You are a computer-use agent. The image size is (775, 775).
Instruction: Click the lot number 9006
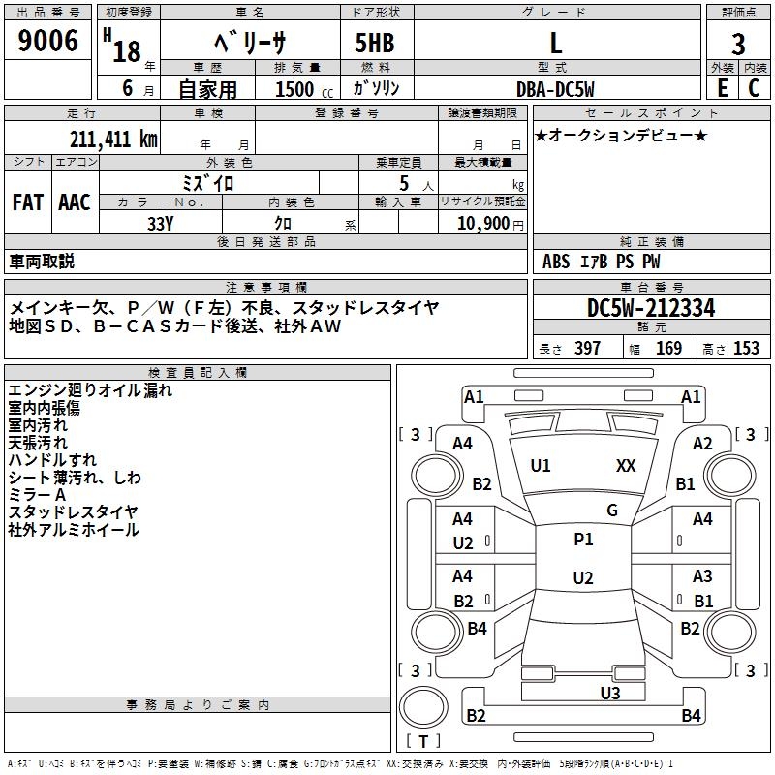point(48,42)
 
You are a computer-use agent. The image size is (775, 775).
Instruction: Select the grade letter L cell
point(555,43)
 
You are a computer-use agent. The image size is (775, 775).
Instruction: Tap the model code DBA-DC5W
point(555,88)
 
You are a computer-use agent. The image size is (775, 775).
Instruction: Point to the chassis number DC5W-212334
point(651,308)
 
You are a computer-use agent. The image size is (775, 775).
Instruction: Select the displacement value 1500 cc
point(296,89)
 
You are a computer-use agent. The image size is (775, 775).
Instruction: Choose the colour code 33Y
point(160,223)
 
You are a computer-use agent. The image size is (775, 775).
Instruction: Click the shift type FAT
point(27,202)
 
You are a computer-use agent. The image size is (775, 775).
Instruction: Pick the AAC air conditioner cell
point(75,202)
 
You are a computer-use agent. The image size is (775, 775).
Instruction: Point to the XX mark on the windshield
point(626,466)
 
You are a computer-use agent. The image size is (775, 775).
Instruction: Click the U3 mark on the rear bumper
point(609,693)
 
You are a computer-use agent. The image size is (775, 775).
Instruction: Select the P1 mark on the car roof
point(583,540)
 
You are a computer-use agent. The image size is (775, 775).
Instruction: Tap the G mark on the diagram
point(612,511)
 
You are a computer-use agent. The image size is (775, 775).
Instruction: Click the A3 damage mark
point(702,576)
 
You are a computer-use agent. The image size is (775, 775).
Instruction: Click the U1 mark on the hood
point(541,466)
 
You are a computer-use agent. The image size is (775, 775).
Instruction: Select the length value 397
point(587,349)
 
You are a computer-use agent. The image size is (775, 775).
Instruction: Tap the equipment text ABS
point(556,262)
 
